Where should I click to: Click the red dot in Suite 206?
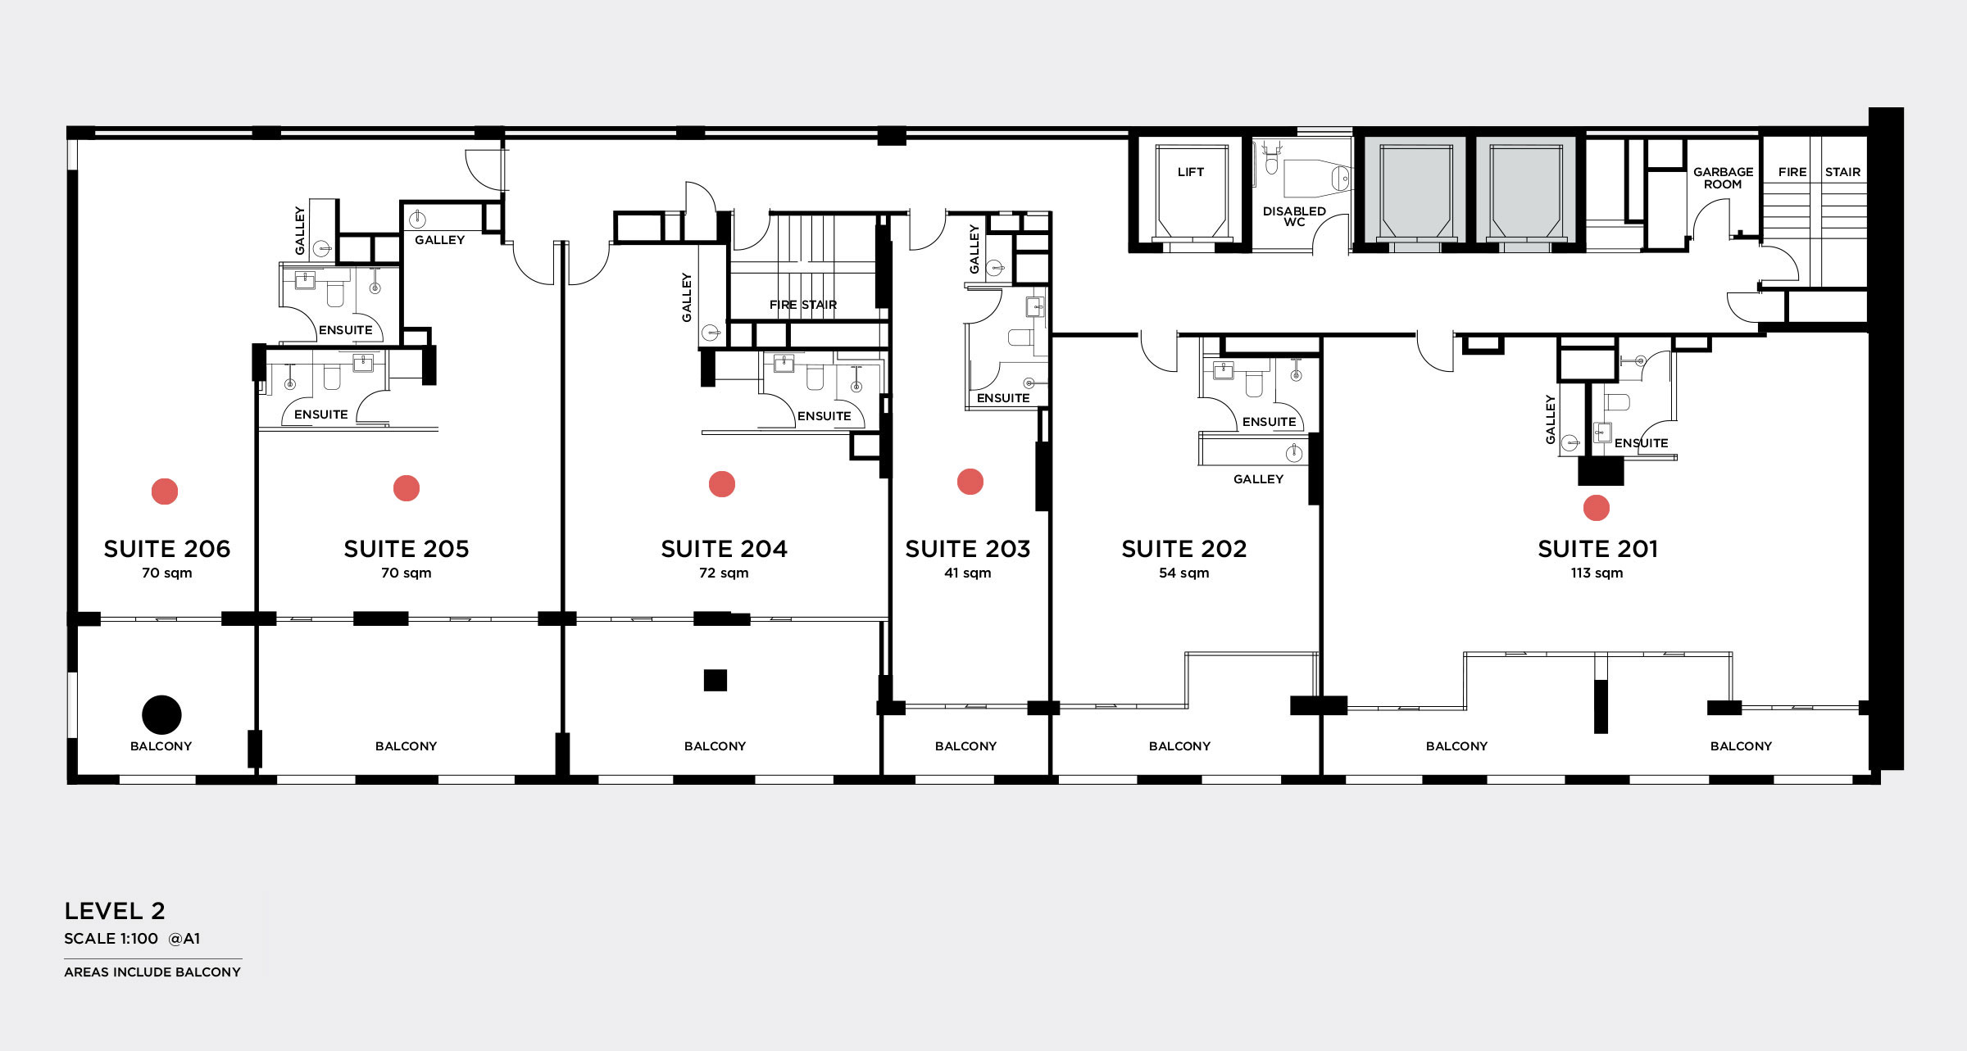tap(165, 492)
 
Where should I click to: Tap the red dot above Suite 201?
tap(1596, 508)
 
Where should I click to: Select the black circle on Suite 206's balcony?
tap(161, 715)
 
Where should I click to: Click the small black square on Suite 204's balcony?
tap(715, 681)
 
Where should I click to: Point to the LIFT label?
tap(1191, 172)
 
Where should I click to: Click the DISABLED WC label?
tap(1294, 216)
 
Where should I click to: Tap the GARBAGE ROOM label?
tap(1724, 178)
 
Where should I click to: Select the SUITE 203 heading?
tap(968, 549)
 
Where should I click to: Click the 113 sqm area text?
tap(1597, 573)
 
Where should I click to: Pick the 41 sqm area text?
tap(968, 573)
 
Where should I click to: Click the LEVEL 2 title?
tap(115, 911)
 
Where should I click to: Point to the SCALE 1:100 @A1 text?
tap(132, 939)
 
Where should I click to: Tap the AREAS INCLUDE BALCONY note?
tap(152, 972)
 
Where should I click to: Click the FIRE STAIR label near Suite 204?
tap(803, 305)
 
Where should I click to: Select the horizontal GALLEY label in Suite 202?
tap(1259, 479)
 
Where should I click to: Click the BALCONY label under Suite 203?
tap(966, 746)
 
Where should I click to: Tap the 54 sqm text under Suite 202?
tap(1184, 573)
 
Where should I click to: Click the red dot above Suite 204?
tap(722, 484)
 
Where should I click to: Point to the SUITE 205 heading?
tap(407, 549)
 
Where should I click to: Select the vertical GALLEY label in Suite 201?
tap(1550, 419)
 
